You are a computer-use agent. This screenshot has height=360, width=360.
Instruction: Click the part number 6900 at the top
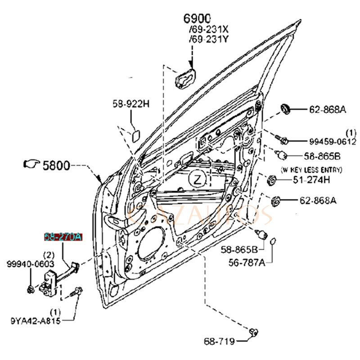[x=197, y=19]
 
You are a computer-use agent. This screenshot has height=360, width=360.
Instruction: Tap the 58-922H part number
[x=130, y=103]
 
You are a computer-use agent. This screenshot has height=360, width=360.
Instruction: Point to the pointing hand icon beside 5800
[x=31, y=164]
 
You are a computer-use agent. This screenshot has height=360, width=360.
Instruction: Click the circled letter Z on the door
[x=197, y=179]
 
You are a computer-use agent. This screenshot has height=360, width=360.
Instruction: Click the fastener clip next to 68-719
[x=254, y=333]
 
